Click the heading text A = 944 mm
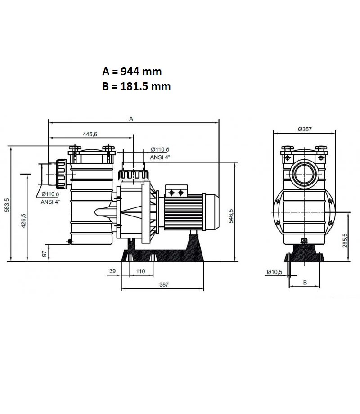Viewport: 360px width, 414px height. tap(132, 72)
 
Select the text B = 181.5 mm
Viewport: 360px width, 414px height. tap(136, 86)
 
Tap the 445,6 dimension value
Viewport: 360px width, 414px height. tap(90, 134)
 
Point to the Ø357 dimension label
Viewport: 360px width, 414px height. tap(305, 129)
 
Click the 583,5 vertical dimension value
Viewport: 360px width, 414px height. tap(7, 205)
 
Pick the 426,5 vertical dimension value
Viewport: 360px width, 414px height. tap(23, 221)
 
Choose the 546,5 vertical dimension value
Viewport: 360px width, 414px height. tap(231, 216)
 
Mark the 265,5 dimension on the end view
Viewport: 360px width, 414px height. tap(345, 241)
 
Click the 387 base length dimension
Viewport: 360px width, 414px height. tap(164, 284)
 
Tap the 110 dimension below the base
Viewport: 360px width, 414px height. tap(140, 271)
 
